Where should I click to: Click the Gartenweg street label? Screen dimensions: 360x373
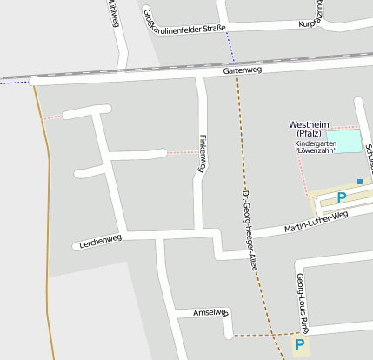point(243,70)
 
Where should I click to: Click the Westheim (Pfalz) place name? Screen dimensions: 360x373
point(309,129)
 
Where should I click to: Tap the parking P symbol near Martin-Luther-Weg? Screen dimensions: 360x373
point(342,198)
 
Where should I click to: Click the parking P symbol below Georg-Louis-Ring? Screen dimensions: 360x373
point(300,346)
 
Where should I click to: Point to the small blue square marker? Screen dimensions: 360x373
point(360,181)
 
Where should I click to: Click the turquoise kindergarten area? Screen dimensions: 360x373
point(349,140)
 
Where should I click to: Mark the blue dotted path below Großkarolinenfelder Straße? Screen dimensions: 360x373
point(230,48)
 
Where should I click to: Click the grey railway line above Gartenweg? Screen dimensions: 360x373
point(130,69)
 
